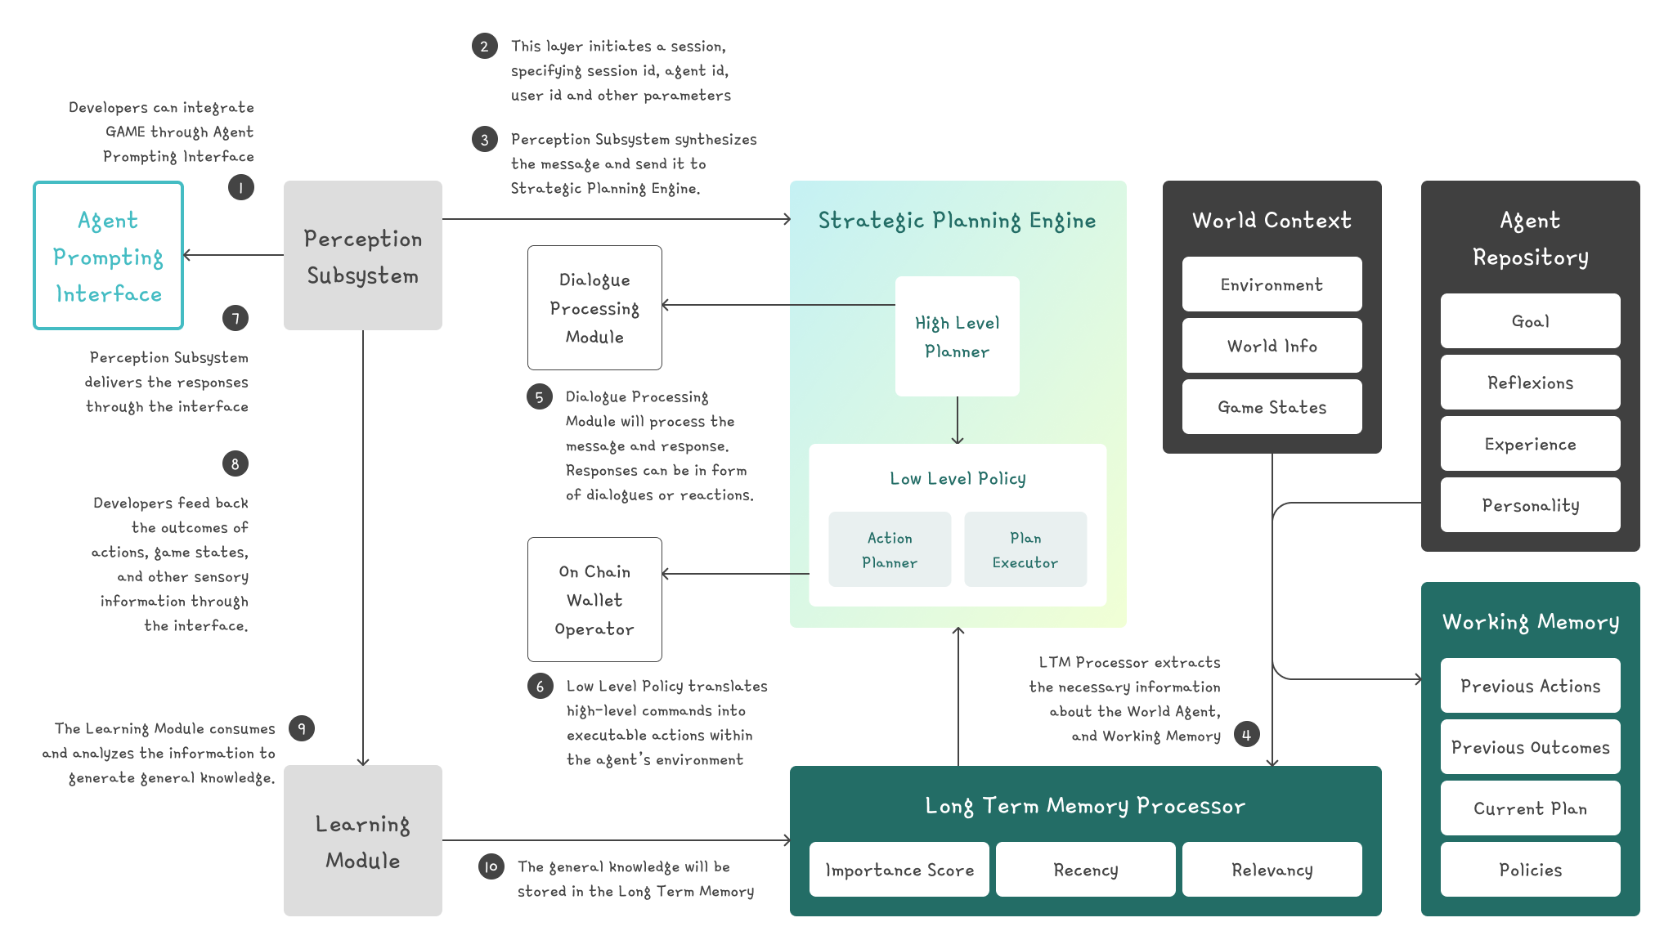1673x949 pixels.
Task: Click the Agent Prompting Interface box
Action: (108, 256)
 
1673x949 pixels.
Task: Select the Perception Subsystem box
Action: (362, 256)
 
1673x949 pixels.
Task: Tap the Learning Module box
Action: (362, 840)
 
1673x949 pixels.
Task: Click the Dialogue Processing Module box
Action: (594, 308)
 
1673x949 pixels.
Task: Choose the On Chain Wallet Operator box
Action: (594, 599)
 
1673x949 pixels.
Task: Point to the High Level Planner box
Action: (957, 337)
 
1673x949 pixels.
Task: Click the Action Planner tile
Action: (890, 549)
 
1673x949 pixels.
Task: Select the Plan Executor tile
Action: (1025, 549)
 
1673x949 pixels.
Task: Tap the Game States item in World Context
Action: (1272, 407)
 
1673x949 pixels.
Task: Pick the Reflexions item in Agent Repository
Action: (1530, 383)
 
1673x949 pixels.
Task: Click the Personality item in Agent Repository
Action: (1530, 505)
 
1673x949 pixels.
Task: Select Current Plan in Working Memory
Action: (1530, 808)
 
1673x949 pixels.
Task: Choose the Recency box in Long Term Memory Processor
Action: (1085, 870)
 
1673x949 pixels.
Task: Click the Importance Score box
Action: (899, 870)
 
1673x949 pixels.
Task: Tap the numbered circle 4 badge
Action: (1246, 735)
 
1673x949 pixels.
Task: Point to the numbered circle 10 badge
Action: (491, 866)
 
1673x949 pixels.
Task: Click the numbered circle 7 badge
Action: (235, 318)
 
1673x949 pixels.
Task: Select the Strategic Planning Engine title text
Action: (957, 221)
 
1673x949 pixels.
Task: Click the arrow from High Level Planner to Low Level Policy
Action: (958, 420)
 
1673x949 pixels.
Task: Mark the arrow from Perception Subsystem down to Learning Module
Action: (363, 548)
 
